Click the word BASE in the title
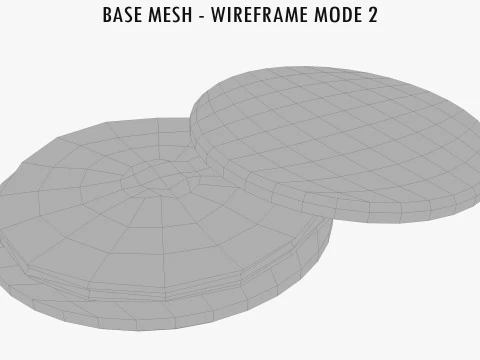tap(122, 16)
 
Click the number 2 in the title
tap(372, 16)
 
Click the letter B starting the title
tap(108, 16)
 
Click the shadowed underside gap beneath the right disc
tap(300, 215)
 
